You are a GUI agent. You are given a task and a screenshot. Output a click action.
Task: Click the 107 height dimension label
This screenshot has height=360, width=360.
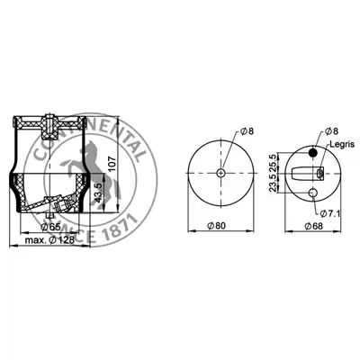tap(111, 163)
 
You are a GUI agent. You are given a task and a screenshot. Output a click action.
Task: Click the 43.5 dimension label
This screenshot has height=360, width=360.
tap(98, 193)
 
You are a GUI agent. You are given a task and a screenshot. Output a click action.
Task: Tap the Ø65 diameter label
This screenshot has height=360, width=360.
tap(50, 227)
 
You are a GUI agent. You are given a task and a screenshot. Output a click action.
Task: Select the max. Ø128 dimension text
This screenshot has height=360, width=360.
tap(49, 240)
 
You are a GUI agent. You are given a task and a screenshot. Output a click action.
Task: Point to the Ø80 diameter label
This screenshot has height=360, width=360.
tap(216, 226)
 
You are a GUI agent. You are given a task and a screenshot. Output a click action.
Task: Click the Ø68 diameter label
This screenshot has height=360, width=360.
tap(314, 226)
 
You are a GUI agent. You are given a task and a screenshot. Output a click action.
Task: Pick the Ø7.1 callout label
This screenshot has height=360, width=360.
tap(329, 213)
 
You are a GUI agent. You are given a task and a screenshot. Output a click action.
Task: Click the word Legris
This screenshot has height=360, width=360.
tap(342, 144)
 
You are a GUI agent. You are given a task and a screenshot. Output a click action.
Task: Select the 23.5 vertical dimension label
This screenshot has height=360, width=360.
tap(273, 183)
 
